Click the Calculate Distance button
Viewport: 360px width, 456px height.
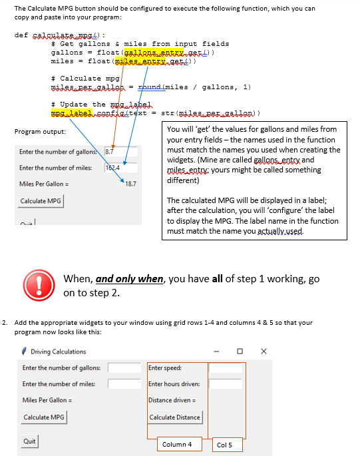click(175, 417)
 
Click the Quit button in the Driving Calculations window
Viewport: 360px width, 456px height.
click(29, 441)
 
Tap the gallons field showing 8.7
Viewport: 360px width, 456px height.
click(120, 152)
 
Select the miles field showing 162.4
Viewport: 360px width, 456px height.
click(120, 168)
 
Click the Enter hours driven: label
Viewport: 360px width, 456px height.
click(174, 383)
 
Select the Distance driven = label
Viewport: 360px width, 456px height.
click(172, 400)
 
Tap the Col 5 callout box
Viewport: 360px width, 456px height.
click(224, 445)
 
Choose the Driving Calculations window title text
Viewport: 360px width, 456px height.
click(59, 351)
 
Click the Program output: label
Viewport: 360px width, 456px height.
click(40, 131)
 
